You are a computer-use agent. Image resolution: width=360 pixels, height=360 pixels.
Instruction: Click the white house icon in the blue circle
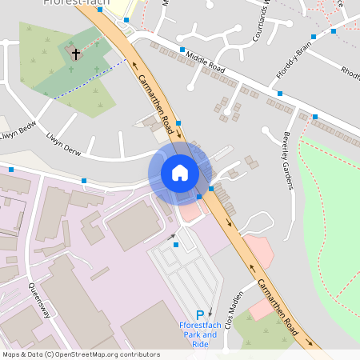pos(179,173)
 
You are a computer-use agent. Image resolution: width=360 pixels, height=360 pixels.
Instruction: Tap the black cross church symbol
pos(76,54)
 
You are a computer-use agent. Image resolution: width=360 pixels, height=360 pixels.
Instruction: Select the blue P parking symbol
pos(200,317)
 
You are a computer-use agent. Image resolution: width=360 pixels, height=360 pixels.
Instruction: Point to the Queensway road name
pos(39,300)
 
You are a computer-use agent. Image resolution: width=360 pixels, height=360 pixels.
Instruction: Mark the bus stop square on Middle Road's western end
pos(182,50)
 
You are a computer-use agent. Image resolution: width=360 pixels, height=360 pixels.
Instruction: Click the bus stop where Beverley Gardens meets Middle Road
pos(315,117)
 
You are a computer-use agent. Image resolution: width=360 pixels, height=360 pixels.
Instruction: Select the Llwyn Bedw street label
pos(18,130)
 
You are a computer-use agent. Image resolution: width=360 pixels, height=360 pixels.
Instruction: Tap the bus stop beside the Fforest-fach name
pos(126,19)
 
